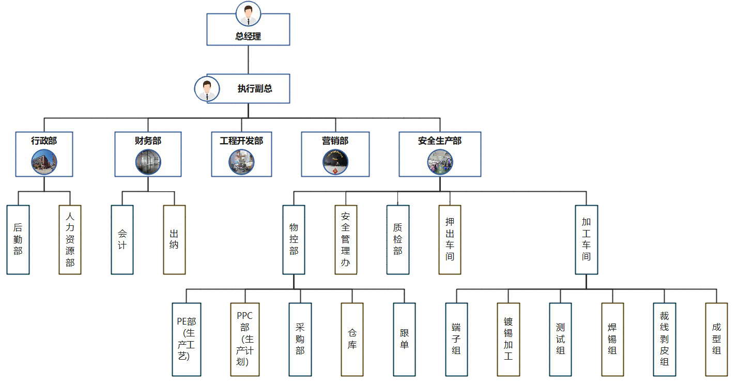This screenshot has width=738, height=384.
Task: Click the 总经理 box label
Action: pos(248,37)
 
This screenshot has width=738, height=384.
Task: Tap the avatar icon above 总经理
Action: pos(248,13)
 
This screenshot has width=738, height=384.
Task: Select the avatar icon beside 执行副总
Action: pos(207,88)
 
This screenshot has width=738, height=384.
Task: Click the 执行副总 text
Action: pos(255,88)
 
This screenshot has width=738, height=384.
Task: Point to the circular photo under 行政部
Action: pos(44,162)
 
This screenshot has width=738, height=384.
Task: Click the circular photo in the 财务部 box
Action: pos(148,162)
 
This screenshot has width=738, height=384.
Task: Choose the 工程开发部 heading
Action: pos(241,141)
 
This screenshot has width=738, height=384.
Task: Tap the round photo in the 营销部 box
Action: pos(335,162)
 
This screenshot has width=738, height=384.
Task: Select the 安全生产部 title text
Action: pos(440,141)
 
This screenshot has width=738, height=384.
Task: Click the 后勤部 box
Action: pos(18,239)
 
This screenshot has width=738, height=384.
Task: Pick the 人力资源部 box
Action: pos(70,239)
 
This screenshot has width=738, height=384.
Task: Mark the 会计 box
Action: pos(122,239)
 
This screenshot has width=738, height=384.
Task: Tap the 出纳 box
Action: pos(174,239)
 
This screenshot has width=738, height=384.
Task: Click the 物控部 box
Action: pos(294,239)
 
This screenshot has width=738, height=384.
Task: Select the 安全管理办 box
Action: pos(346,239)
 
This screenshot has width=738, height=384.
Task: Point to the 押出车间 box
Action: pos(450,239)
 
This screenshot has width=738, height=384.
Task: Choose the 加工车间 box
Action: pos(586,239)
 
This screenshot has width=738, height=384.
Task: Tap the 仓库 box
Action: pos(352,339)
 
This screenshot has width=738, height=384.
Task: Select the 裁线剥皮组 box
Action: pos(664,339)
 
